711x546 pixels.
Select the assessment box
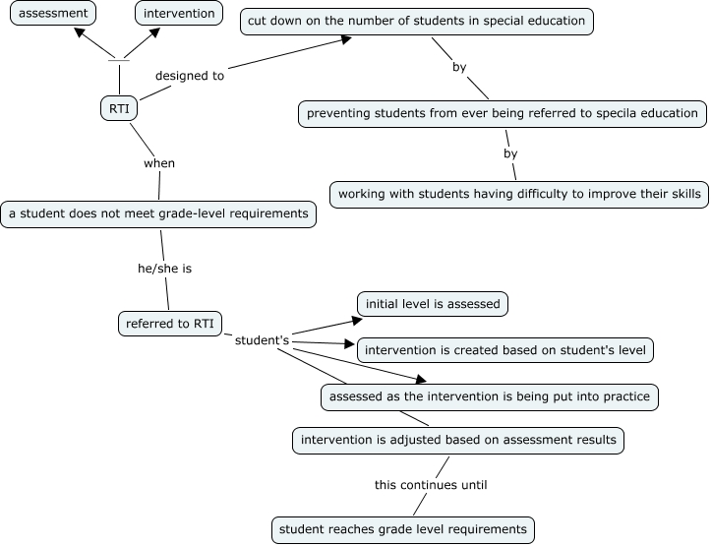[54, 14]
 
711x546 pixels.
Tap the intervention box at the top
[178, 14]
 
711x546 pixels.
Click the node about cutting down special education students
[417, 20]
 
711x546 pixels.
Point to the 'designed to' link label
[190, 75]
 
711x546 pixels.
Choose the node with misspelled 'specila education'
[503, 113]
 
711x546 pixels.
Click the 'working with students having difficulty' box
[519, 193]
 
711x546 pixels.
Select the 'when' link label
[159, 162]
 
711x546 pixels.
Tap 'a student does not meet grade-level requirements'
[158, 213]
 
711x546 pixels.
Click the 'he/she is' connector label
[164, 267]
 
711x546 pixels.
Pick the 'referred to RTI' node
[169, 323]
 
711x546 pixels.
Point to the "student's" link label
[263, 340]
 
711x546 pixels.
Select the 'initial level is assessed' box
[433, 304]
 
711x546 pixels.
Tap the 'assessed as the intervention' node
[489, 396]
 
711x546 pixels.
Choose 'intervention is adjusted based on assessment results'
[458, 440]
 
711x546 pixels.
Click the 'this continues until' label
[431, 484]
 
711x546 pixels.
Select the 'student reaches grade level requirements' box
[403, 529]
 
